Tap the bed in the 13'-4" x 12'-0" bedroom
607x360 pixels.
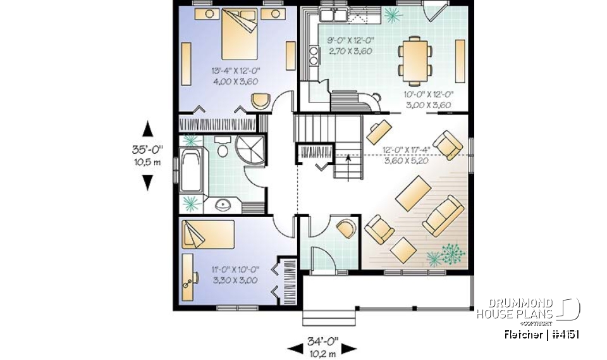point(239,35)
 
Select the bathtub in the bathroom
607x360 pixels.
point(191,170)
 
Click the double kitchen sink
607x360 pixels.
point(331,15)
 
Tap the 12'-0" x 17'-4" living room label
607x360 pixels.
point(406,154)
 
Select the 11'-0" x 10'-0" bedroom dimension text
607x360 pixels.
point(234,275)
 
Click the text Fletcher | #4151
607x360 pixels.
point(541,334)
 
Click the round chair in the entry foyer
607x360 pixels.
point(346,228)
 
